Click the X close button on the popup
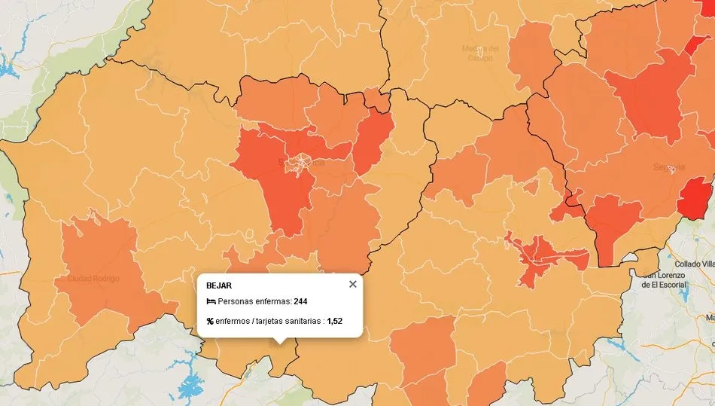tap(352, 284)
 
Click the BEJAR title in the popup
tap(219, 285)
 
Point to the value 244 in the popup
tap(300, 301)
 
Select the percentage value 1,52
tap(334, 321)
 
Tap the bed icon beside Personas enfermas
tap(211, 301)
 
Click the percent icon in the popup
tap(210, 321)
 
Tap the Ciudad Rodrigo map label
tap(93, 279)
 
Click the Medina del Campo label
tap(479, 53)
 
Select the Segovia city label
tap(669, 166)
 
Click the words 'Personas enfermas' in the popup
tap(249, 301)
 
